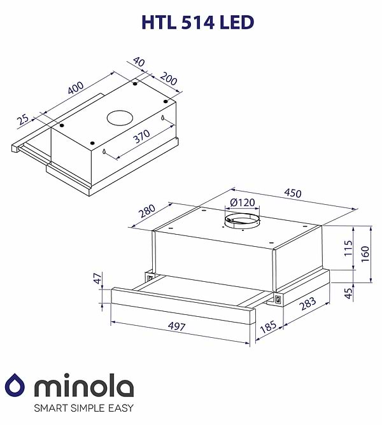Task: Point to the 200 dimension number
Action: click(168, 80)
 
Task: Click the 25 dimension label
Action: click(23, 118)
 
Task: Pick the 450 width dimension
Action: click(292, 193)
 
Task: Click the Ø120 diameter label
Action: click(242, 203)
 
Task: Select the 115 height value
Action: click(347, 247)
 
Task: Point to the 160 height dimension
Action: click(365, 253)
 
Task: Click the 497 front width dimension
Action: click(178, 327)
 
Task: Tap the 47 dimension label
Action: click(97, 279)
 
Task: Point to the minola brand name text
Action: click(83, 385)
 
